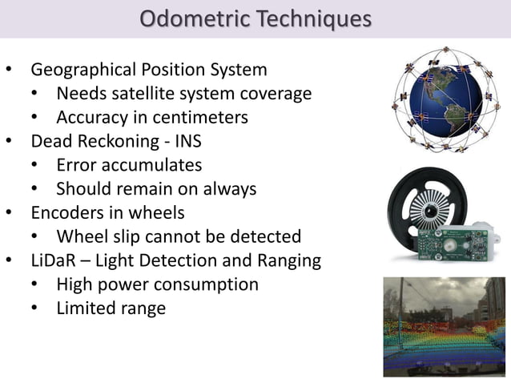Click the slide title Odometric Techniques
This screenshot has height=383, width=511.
[x=255, y=18]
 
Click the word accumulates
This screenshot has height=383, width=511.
[x=152, y=165]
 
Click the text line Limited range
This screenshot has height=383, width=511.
[x=111, y=308]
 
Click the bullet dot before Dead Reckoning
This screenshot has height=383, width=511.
[x=9, y=142]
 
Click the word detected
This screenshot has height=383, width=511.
[x=267, y=236]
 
